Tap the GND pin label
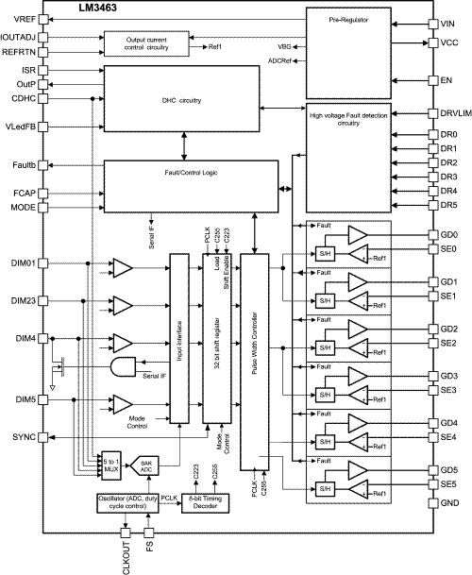click(449, 503)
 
